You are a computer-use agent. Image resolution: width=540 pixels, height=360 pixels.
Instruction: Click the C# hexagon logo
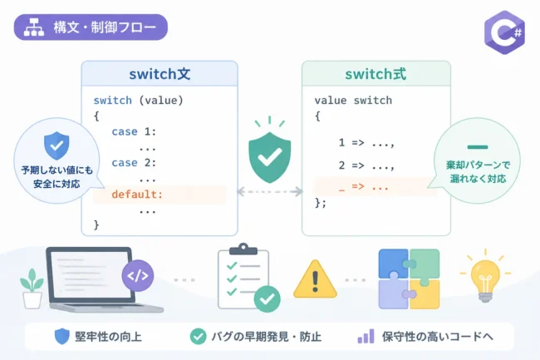(x=504, y=32)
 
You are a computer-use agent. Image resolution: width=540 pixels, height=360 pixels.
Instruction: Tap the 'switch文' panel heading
(x=160, y=74)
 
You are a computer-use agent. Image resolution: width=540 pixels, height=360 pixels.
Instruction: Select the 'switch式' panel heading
(x=376, y=74)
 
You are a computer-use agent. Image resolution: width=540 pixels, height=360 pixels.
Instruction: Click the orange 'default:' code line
(x=137, y=195)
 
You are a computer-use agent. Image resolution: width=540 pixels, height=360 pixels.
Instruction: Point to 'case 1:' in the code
(x=134, y=131)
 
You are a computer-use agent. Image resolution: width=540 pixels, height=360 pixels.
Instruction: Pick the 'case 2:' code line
(x=134, y=163)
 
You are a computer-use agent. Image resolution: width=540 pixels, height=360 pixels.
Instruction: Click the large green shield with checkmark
(x=270, y=157)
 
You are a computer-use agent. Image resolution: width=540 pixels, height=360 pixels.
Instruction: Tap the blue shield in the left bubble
(x=56, y=145)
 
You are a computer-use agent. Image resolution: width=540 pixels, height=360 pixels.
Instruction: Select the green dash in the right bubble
(x=478, y=147)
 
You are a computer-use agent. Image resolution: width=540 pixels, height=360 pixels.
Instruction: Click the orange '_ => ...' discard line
(x=364, y=187)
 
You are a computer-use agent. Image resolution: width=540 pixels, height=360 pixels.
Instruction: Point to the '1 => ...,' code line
(x=366, y=143)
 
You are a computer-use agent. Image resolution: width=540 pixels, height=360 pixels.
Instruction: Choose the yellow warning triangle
(x=315, y=279)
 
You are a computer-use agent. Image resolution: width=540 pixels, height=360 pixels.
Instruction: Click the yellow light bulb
(x=485, y=280)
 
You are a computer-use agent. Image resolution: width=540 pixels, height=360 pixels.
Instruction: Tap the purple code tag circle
(x=138, y=275)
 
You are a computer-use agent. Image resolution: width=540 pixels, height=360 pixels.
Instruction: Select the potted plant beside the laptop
(x=32, y=288)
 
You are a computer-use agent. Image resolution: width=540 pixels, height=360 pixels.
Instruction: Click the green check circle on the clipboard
(x=267, y=299)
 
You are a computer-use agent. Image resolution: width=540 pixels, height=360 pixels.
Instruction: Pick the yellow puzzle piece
(x=425, y=293)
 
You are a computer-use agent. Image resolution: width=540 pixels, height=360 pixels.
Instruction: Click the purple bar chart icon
(x=366, y=336)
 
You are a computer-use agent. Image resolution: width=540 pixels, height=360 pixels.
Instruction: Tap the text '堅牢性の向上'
(x=108, y=337)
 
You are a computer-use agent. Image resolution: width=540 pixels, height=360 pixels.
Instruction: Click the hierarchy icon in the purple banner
(x=34, y=27)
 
